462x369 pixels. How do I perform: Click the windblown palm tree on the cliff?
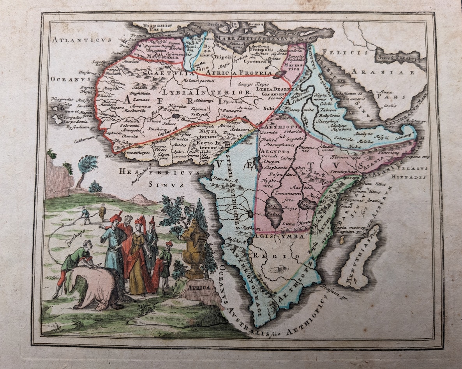pyautogui.click(x=86, y=167)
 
